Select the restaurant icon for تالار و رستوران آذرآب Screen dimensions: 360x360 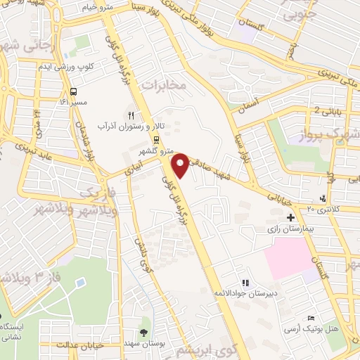pos(129,114)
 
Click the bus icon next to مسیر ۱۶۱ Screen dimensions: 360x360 pos(74,91)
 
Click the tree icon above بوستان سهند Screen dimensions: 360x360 pos(144,333)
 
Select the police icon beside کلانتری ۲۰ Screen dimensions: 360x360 pos(322,199)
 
